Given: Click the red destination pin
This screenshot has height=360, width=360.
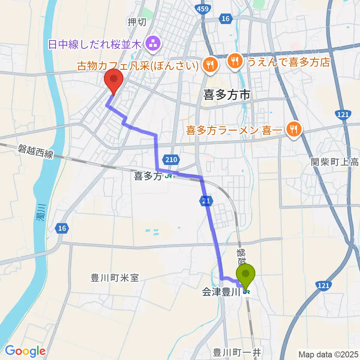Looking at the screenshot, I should click(114, 79).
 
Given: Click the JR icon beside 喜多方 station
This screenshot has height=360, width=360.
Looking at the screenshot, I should click(169, 175).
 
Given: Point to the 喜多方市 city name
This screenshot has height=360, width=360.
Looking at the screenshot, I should click(226, 95).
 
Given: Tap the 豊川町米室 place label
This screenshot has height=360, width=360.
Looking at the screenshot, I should click(115, 278).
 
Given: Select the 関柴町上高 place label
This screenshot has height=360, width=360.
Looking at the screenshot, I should click(335, 162).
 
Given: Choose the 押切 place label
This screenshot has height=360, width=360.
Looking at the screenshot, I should click(137, 22).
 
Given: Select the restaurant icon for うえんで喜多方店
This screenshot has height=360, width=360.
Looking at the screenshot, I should click(235, 60).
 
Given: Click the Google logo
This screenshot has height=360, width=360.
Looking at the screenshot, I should click(25, 351).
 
